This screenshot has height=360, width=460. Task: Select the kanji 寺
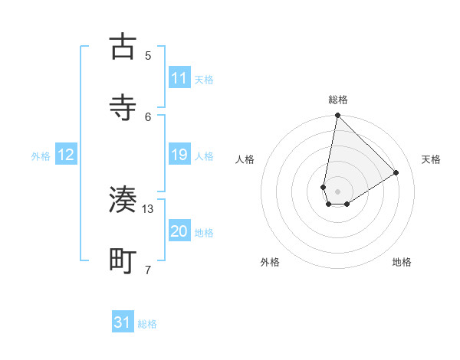(x=123, y=106)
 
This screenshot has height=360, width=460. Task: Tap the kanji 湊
(x=123, y=200)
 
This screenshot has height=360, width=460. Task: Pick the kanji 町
(x=123, y=260)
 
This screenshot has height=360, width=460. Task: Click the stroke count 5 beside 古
(x=148, y=55)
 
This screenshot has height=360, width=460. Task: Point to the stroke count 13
(x=148, y=209)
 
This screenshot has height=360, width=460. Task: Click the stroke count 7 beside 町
(x=148, y=270)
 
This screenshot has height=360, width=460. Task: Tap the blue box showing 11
(x=179, y=78)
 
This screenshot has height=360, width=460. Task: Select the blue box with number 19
(x=179, y=155)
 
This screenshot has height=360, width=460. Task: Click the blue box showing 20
(x=179, y=232)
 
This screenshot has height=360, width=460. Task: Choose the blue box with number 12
(x=66, y=155)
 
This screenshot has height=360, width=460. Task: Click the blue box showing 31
(x=123, y=322)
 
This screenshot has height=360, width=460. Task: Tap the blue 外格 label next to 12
(x=41, y=156)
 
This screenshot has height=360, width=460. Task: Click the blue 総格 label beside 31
(x=147, y=324)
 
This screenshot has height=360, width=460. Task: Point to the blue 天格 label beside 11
(x=204, y=79)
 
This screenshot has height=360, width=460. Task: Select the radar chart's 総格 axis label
(x=338, y=100)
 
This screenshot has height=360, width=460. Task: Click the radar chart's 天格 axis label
(x=432, y=159)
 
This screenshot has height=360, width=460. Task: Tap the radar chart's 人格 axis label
(x=245, y=159)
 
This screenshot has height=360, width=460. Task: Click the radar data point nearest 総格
(x=337, y=116)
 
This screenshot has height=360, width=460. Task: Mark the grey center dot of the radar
(x=337, y=191)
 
